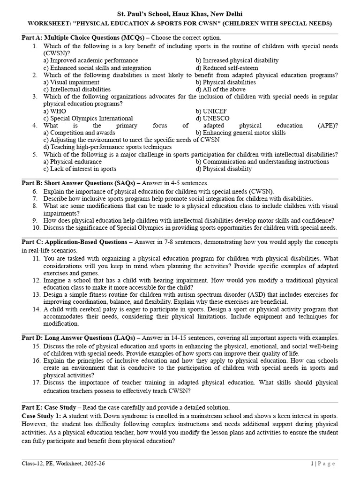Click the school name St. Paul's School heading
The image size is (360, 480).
point(180,14)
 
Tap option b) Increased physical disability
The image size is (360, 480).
point(237,60)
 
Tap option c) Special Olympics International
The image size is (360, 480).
point(88,119)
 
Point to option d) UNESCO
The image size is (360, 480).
point(212,119)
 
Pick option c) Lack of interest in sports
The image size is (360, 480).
point(80,169)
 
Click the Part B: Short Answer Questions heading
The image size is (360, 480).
point(78,183)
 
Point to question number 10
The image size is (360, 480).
point(37,228)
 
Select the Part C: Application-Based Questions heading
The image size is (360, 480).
point(77,242)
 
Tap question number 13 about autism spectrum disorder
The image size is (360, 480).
point(37,294)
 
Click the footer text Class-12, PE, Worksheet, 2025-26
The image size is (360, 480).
point(63,464)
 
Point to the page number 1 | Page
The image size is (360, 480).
point(323,464)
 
